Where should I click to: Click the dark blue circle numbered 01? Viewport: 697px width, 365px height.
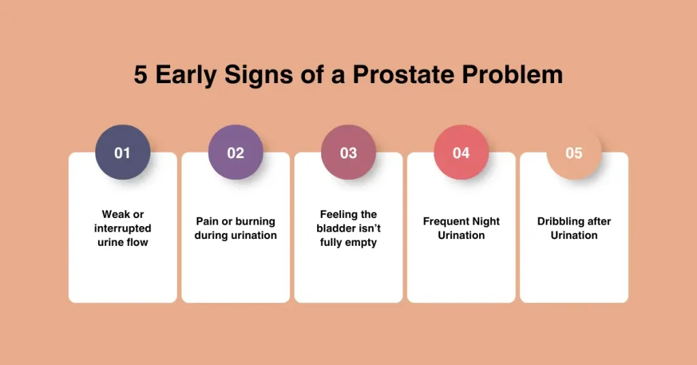click(x=123, y=153)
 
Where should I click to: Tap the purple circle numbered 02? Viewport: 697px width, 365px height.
click(x=236, y=153)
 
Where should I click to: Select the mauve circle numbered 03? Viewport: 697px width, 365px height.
click(x=348, y=153)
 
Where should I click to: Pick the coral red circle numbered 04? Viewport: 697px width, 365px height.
click(x=461, y=153)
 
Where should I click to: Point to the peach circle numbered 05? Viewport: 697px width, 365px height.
click(x=574, y=153)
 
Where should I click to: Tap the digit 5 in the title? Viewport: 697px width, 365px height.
click(x=140, y=74)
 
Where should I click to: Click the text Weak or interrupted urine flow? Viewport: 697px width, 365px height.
click(x=123, y=228)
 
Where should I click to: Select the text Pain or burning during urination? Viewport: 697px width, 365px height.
click(x=236, y=228)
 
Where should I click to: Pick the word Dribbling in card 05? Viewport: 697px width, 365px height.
click(x=557, y=221)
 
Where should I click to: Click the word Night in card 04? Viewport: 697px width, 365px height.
click(x=486, y=221)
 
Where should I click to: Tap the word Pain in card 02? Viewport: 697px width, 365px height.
click(x=208, y=221)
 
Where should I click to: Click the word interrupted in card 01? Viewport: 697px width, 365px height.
click(x=123, y=228)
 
